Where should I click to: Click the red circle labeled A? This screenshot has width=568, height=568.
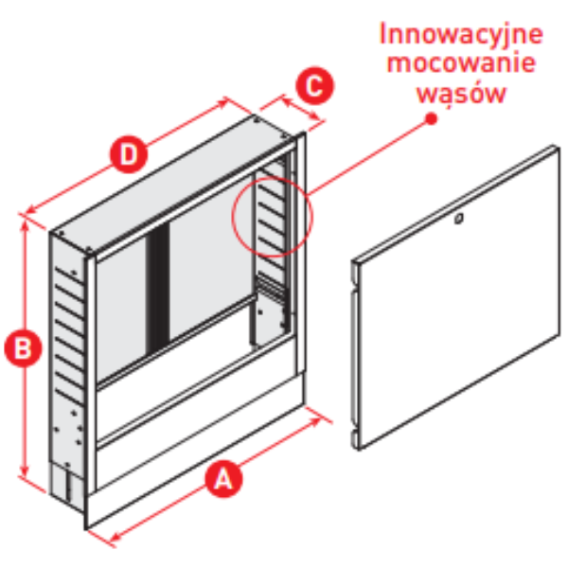point(223,478)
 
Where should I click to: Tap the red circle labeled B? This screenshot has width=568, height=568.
point(23,347)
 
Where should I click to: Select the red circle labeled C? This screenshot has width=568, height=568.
point(315,85)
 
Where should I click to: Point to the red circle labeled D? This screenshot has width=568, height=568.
point(129,154)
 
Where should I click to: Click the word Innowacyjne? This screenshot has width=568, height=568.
point(461,34)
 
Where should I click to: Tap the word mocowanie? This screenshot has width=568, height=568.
point(461,63)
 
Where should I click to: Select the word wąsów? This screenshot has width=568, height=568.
point(461,94)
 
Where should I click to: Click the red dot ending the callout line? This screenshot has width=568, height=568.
point(431,119)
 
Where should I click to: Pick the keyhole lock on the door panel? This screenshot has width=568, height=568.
point(459,219)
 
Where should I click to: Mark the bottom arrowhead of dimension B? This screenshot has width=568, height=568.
point(25,471)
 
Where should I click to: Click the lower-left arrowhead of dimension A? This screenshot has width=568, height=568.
point(116,537)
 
